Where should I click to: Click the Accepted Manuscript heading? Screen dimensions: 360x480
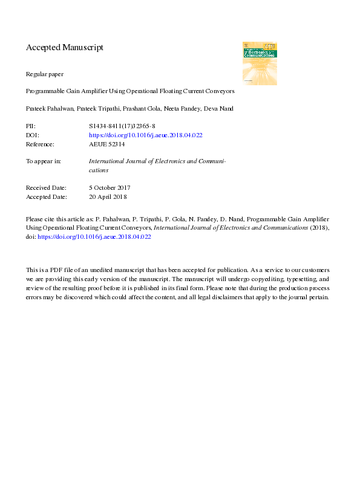65,47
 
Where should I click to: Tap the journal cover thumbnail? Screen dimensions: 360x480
260,63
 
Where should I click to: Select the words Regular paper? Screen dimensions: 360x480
45,74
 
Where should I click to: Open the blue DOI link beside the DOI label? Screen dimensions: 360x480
145,135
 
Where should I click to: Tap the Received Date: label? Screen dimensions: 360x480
47,188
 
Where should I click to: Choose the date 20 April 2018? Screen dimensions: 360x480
108,197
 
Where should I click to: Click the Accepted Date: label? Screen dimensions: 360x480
47,197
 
